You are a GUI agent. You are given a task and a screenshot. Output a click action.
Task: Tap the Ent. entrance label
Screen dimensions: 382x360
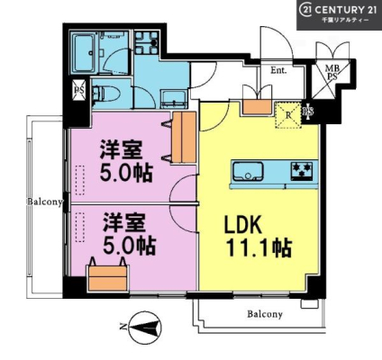point(278,71)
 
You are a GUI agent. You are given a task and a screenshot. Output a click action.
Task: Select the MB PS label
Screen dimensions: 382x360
point(332,73)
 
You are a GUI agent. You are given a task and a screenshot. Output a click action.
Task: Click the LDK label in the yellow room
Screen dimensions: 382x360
point(243,225)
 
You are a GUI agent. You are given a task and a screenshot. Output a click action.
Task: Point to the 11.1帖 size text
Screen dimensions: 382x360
point(259,247)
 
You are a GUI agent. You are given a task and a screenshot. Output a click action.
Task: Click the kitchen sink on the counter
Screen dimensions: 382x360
point(248,171)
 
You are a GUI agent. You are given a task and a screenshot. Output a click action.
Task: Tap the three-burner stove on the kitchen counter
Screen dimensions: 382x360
point(301,171)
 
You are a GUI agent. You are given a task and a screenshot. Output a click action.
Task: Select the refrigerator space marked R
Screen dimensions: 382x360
point(288,115)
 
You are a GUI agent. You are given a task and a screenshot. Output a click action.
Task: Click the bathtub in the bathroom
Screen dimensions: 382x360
point(84,54)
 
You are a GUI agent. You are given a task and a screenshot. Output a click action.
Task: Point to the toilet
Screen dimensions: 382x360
point(105,94)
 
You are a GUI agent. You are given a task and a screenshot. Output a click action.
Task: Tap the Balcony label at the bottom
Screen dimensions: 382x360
point(265,314)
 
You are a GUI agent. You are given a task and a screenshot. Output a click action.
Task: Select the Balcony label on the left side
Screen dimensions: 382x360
point(45,202)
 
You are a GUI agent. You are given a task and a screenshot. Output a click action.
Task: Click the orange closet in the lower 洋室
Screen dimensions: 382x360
point(108,278)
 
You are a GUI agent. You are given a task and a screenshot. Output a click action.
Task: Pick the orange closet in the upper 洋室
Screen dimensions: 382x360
point(185,137)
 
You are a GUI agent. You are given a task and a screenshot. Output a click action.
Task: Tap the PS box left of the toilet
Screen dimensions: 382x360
point(79,90)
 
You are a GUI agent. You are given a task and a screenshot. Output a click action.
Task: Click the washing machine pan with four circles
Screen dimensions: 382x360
point(146,42)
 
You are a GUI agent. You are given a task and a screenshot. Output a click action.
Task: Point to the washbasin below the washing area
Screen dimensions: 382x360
point(174,99)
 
